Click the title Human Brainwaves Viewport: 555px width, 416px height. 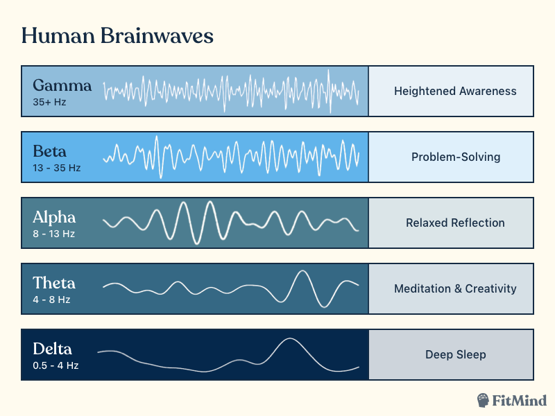coord(117,36)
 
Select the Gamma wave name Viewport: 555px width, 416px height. coord(62,86)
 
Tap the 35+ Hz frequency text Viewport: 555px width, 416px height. coord(49,102)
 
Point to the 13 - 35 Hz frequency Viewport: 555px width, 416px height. coord(56,168)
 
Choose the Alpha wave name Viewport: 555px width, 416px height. coord(54,217)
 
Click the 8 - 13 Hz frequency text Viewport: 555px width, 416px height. coord(53,234)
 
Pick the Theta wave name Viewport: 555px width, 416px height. coord(54,283)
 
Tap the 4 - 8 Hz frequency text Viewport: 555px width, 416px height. coord(51,300)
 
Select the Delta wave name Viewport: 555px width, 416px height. coord(52,349)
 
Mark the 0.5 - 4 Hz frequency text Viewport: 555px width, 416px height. coord(55,365)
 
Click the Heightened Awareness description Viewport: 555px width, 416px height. coord(455,91)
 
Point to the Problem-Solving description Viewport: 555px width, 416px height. coord(455,157)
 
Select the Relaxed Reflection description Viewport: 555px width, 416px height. coord(455,223)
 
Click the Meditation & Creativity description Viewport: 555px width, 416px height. coord(455,288)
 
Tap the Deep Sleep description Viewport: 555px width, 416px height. coord(455,354)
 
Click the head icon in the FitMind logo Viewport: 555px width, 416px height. coord(484,400)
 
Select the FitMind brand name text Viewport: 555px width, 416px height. coord(520,400)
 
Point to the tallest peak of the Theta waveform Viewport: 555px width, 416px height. coord(302,271)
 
